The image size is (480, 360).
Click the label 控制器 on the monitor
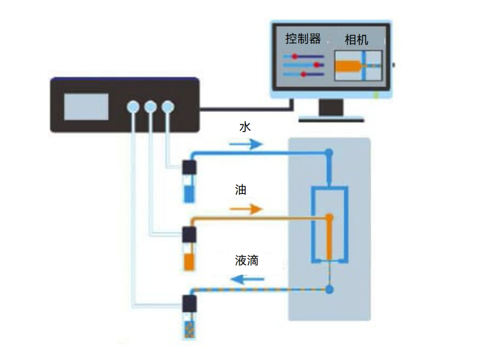[303, 39]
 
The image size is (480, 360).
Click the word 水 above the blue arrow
[245, 127]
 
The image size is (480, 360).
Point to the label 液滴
[247, 261]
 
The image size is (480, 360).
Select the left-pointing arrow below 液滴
[248, 280]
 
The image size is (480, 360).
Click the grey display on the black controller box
[86, 106]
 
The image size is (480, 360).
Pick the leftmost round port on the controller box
[133, 107]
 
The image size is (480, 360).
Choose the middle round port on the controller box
[150, 107]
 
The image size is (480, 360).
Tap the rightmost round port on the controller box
[168, 107]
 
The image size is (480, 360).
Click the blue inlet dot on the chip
[330, 153]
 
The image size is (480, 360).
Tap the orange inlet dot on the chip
[330, 217]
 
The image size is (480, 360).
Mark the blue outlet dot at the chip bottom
[330, 289]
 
